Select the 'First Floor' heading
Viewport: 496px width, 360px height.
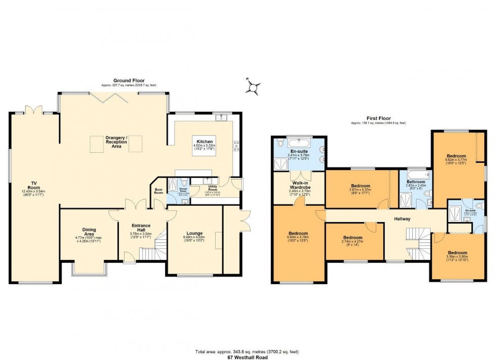[x=379, y=118]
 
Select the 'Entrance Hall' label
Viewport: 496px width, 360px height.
[x=141, y=226]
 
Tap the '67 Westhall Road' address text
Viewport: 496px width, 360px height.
[x=248, y=357]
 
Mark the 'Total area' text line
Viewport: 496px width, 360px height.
[x=248, y=351]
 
